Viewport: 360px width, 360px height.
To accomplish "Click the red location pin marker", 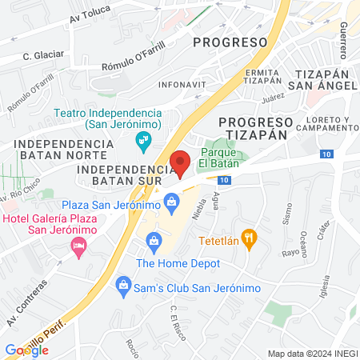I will point(181,162).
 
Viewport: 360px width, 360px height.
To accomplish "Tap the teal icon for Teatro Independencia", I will point(144,143).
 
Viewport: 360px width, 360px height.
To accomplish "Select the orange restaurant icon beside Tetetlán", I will point(250,237).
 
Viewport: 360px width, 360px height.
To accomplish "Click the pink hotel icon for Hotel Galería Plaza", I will point(78,242).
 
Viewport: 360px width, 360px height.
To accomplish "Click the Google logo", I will point(26,350).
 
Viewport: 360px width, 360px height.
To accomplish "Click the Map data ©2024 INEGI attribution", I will point(311,354).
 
